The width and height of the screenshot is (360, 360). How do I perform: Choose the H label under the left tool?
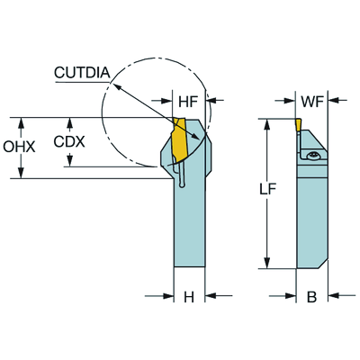(x=189, y=297)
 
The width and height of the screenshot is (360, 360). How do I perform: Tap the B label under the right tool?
(x=311, y=297)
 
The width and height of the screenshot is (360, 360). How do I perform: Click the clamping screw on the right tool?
(x=312, y=158)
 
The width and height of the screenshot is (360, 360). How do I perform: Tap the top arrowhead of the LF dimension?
(x=266, y=123)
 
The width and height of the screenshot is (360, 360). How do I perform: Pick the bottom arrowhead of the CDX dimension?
(x=69, y=163)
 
